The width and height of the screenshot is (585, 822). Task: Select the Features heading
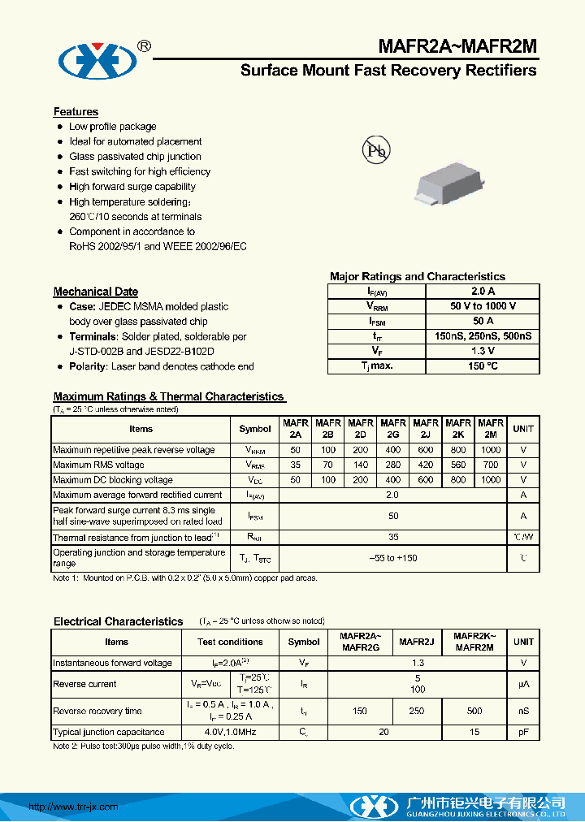[x=76, y=112]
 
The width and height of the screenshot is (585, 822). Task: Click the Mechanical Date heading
[x=96, y=292]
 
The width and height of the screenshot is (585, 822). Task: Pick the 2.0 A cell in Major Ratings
[x=483, y=291]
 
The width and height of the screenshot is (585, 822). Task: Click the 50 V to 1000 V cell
[x=483, y=306]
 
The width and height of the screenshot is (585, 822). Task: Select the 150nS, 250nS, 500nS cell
[x=483, y=336]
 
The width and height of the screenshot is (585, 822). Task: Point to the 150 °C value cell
[x=483, y=366]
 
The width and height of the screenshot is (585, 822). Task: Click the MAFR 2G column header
[x=393, y=428]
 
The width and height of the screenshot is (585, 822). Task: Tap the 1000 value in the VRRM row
[x=491, y=450]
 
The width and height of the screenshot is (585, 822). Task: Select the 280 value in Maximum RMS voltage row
[x=393, y=465]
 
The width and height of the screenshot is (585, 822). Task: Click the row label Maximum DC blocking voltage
[x=113, y=480]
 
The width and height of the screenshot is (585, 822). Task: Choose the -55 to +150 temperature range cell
[x=393, y=558]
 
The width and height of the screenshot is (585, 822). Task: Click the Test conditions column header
[x=230, y=642]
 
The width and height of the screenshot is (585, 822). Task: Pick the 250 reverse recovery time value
[x=417, y=711]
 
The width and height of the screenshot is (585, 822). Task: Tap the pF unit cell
[x=524, y=732]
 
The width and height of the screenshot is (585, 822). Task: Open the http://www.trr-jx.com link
[x=74, y=807]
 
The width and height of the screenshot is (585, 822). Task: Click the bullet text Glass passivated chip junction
[x=135, y=157]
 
